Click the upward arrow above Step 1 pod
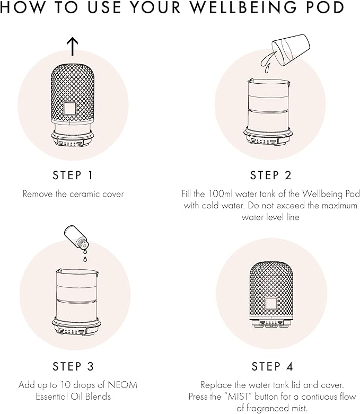(72, 47)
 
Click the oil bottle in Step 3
(76, 237)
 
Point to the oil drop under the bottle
(85, 259)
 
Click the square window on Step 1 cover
(70, 109)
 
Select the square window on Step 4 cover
(271, 303)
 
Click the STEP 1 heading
(73, 175)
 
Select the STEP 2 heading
(271, 175)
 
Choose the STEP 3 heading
(73, 366)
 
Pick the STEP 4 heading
(273, 366)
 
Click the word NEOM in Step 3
(122, 385)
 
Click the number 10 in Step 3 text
(65, 385)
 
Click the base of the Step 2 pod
(268, 137)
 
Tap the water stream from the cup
(267, 63)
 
